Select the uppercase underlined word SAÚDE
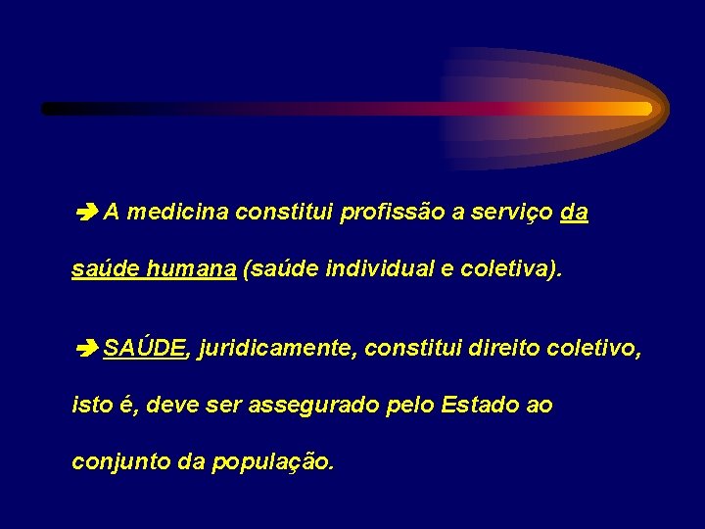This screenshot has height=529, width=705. click(x=145, y=348)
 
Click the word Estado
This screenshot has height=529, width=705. click(x=481, y=405)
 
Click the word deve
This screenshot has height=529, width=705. click(x=171, y=405)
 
